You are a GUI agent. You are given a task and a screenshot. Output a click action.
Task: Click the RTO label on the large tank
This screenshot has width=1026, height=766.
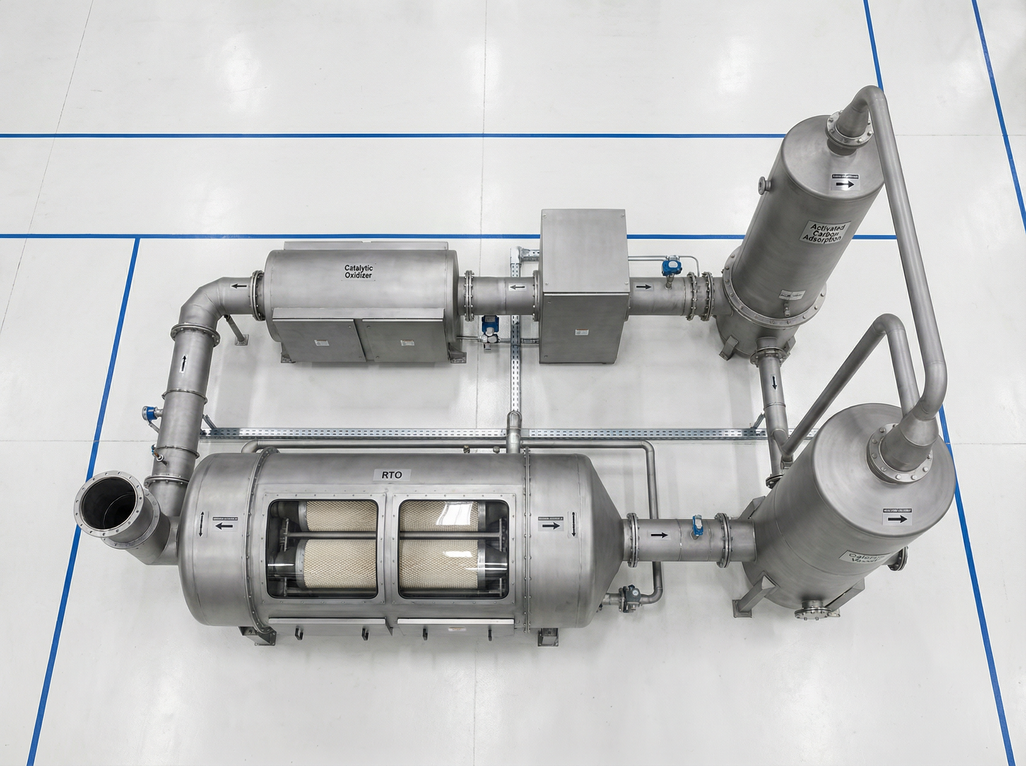(389, 474)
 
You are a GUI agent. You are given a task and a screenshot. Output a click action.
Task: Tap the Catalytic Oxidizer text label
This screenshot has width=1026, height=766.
(358, 271)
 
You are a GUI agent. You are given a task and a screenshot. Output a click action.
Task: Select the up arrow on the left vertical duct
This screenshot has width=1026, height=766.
(183, 363)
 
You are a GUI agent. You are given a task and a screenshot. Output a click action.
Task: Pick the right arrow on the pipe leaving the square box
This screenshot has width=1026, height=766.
(643, 287)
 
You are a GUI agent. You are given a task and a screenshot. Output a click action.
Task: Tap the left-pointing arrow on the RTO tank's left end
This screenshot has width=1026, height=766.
(224, 526)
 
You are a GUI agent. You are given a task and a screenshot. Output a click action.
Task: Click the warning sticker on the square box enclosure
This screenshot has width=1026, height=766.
(580, 332)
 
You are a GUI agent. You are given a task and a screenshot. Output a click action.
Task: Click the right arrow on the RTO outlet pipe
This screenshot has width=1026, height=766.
(659, 535)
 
